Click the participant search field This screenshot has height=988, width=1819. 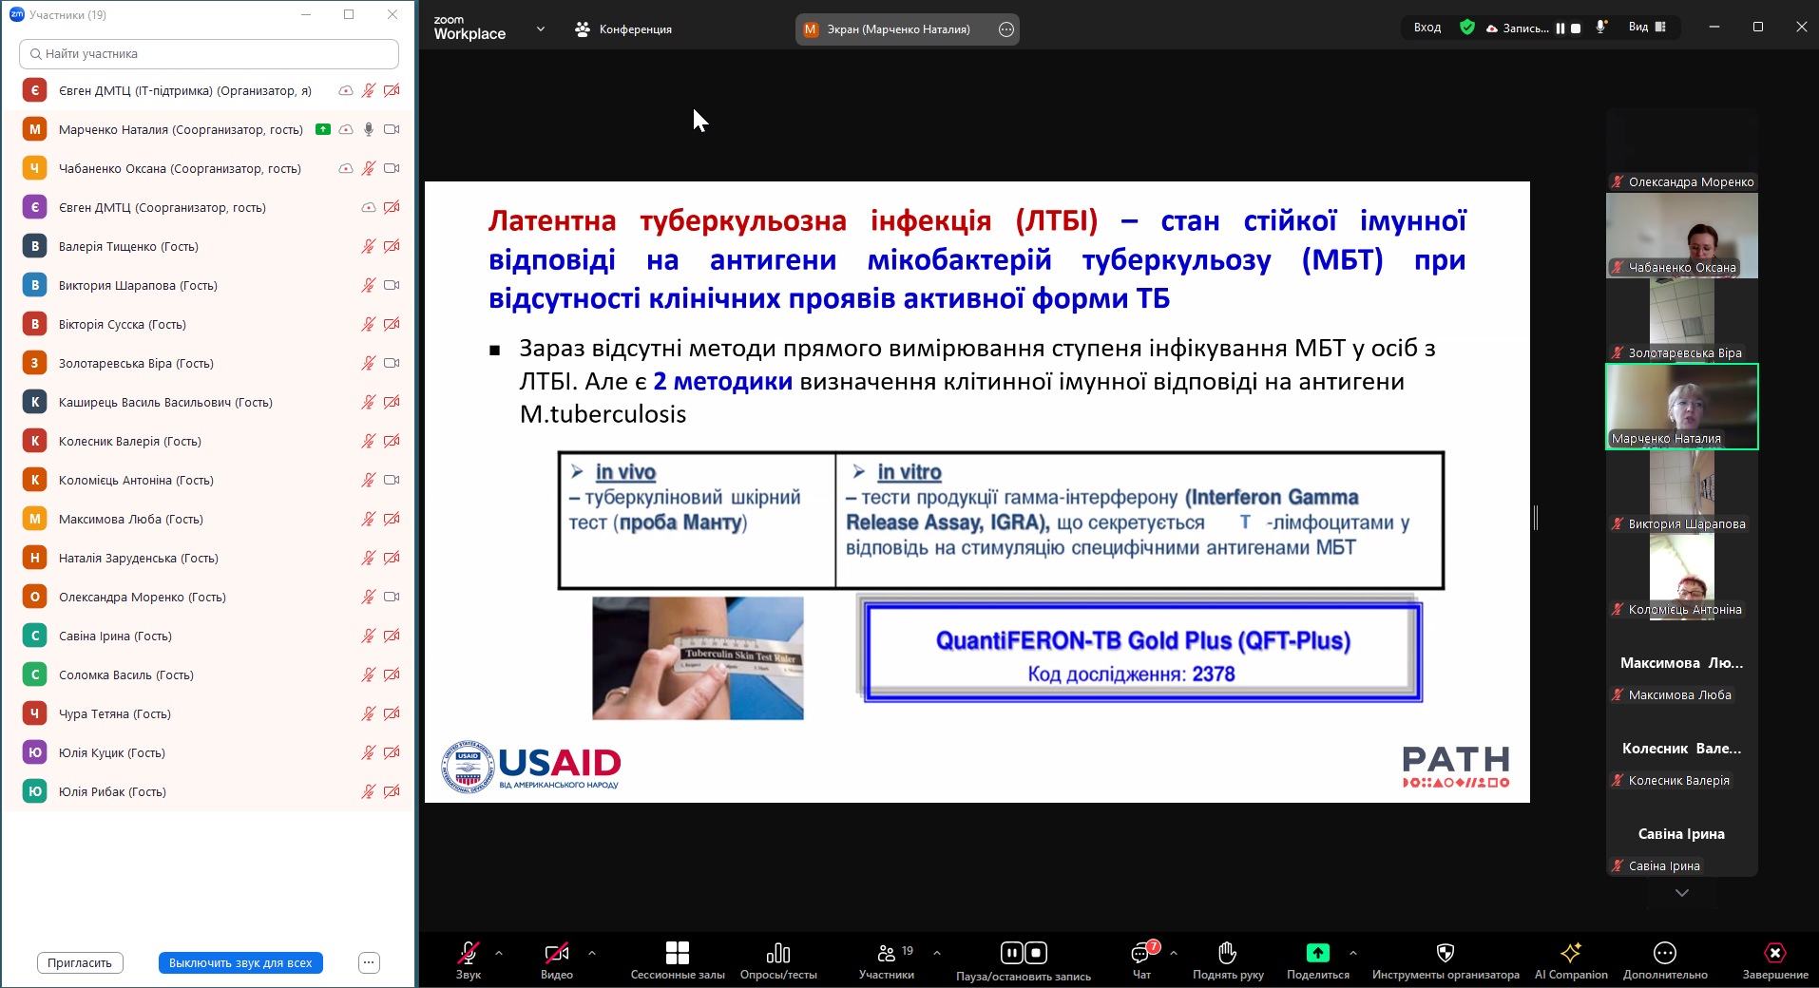209,54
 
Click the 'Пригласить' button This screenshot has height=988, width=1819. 80,962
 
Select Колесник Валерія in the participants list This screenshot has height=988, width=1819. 130,441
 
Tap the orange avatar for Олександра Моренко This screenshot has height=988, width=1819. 35,597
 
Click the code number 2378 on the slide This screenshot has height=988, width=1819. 1214,674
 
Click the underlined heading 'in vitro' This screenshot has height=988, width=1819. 909,472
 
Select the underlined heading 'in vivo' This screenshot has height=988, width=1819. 625,472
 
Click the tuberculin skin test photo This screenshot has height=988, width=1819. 698,657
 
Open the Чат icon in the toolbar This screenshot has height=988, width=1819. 1141,952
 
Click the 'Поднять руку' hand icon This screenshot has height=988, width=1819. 1227,952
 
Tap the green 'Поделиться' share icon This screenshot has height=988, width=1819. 1317,952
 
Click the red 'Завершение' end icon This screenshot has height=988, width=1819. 1774,952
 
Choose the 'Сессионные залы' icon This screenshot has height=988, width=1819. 678,952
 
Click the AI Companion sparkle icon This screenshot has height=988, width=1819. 1571,952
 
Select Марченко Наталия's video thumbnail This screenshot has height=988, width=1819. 1682,407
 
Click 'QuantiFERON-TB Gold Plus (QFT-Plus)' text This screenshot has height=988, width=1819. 1143,641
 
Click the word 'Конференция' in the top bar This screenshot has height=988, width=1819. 636,29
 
